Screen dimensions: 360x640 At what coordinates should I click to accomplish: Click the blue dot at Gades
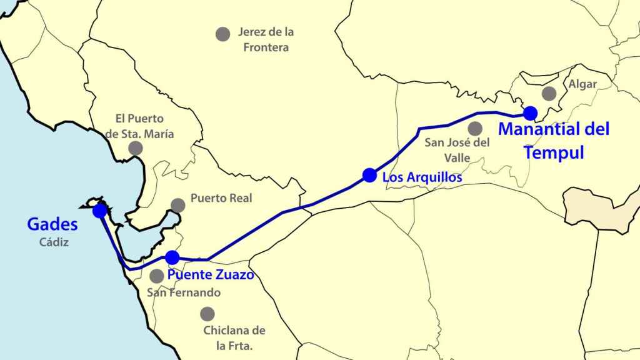coord(99,211)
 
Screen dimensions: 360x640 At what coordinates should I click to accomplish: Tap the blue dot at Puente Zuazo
coord(172,257)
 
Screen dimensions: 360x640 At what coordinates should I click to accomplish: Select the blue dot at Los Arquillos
coord(369,175)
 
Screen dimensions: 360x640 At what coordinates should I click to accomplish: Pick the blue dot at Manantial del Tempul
coord(530,113)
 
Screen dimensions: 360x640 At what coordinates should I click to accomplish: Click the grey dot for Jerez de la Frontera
coord(222,34)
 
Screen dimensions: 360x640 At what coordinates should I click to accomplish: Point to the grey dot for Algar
coord(549,94)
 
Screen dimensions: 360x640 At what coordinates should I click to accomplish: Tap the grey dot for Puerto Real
coord(178,205)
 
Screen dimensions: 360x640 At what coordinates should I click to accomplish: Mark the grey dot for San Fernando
coord(157,276)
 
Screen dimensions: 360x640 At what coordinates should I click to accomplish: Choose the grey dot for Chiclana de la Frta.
coord(207,314)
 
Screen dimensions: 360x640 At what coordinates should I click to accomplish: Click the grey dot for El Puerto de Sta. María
coord(136,148)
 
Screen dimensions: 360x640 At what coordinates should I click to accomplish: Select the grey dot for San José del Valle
coord(475,129)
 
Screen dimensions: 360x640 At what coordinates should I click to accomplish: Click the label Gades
coord(52,224)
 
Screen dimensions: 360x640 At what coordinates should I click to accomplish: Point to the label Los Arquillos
coord(422,177)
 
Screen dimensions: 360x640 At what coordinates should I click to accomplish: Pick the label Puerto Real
coord(221,199)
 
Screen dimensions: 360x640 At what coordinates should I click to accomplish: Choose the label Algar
coord(582,84)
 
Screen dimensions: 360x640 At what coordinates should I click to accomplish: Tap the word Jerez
coord(252,32)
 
